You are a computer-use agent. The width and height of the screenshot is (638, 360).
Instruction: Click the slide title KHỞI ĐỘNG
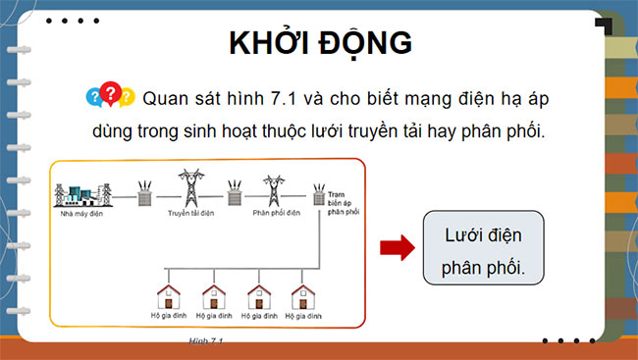pyautogui.click(x=320, y=44)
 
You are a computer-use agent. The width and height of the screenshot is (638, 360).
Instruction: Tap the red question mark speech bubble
pyautogui.click(x=111, y=92)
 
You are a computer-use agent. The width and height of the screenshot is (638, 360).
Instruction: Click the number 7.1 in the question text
pyautogui.click(x=292, y=98)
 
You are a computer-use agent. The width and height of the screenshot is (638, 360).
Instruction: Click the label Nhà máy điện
pyautogui.click(x=81, y=211)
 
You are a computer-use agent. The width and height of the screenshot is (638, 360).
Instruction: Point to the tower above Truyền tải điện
pyautogui.click(x=187, y=186)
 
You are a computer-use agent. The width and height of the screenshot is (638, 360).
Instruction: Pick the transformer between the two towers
pyautogui.click(x=234, y=193)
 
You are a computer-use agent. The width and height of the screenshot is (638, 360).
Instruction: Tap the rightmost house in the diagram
pyautogui.click(x=301, y=297)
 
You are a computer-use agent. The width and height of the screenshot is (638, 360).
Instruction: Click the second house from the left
pyautogui.click(x=215, y=297)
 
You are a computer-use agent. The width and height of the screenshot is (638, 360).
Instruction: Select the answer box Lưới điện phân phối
pyautogui.click(x=481, y=248)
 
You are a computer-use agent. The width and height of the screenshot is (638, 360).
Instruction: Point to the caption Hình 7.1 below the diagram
pyautogui.click(x=207, y=340)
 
